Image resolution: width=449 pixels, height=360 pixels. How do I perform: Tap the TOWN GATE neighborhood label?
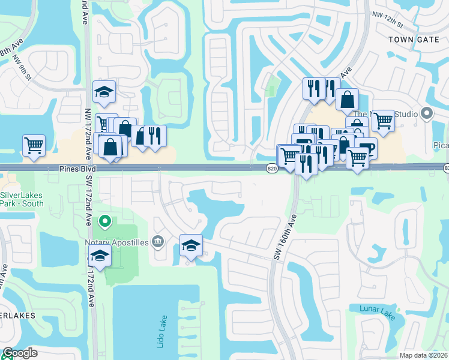tap(411, 39)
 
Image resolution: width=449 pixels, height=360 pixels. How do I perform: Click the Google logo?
tap(20, 353)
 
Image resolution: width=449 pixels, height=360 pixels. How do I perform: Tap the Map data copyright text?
tap(424, 355)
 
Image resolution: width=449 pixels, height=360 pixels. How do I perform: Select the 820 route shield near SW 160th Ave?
tap(271, 170)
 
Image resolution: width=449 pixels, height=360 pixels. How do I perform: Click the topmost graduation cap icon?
tap(104, 92)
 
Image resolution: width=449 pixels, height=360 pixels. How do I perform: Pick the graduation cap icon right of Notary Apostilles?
tap(191, 245)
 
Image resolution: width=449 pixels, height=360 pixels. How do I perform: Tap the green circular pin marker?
tap(105, 222)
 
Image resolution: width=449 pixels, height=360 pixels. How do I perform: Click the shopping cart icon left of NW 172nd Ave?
tap(34, 145)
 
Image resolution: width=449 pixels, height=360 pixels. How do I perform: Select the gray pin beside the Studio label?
tap(427, 113)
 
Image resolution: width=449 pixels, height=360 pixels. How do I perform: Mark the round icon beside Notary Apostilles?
tap(158, 241)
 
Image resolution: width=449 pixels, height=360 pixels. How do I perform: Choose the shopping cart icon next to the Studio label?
tap(383, 120)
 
